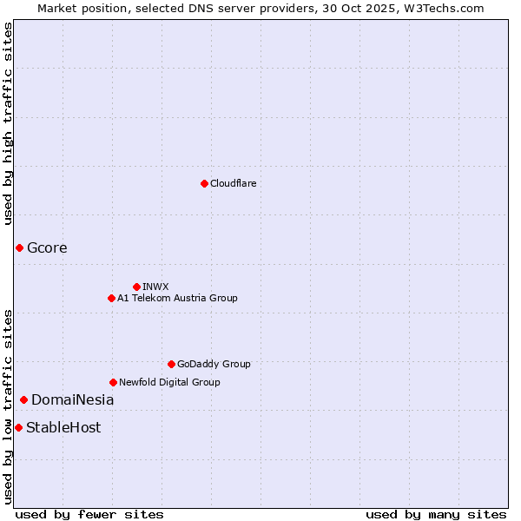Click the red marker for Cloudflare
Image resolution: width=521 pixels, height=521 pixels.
coord(204,183)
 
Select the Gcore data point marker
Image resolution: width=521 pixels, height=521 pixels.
coord(19,248)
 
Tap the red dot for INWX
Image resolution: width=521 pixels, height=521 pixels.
coord(136,287)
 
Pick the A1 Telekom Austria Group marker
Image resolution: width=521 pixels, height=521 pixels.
coord(111,298)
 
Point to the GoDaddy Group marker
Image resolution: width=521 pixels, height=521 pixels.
coord(171,364)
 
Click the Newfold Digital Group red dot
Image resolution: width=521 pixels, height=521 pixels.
coord(113,382)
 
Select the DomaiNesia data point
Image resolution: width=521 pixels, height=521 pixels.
coord(23,400)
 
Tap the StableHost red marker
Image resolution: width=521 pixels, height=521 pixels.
coord(18,427)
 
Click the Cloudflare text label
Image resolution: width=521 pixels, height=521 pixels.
coord(233,183)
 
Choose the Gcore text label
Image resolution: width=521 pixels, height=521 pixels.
coord(47,248)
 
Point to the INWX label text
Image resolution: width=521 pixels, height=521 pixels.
coord(155,287)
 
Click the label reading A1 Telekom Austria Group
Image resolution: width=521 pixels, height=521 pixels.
coord(177,298)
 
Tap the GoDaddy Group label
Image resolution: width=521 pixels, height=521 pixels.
coord(214,364)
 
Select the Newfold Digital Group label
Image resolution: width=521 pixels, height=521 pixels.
coord(169,382)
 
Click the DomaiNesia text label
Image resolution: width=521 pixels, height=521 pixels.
coord(72,400)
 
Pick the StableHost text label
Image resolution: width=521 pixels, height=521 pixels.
coord(63,427)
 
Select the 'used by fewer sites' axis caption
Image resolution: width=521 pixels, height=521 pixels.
coord(89,514)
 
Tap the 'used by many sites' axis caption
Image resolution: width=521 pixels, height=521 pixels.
coord(436,514)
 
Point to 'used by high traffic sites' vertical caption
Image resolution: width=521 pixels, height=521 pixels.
coord(8,123)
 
